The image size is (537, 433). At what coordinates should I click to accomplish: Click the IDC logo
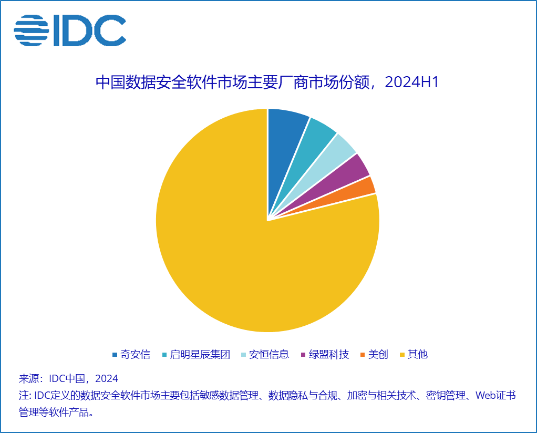coord(70,30)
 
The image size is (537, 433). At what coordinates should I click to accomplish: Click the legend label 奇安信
coord(135,355)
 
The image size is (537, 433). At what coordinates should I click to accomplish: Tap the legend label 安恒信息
coord(269,355)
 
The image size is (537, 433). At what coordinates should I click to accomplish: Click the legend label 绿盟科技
coord(329,355)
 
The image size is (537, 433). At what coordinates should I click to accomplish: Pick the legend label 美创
coord(378,355)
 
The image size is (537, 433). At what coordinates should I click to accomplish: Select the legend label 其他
coord(418,355)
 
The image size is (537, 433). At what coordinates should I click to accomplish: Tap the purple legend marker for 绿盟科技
coord(303,355)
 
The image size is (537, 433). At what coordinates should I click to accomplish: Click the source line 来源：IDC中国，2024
coord(68,379)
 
